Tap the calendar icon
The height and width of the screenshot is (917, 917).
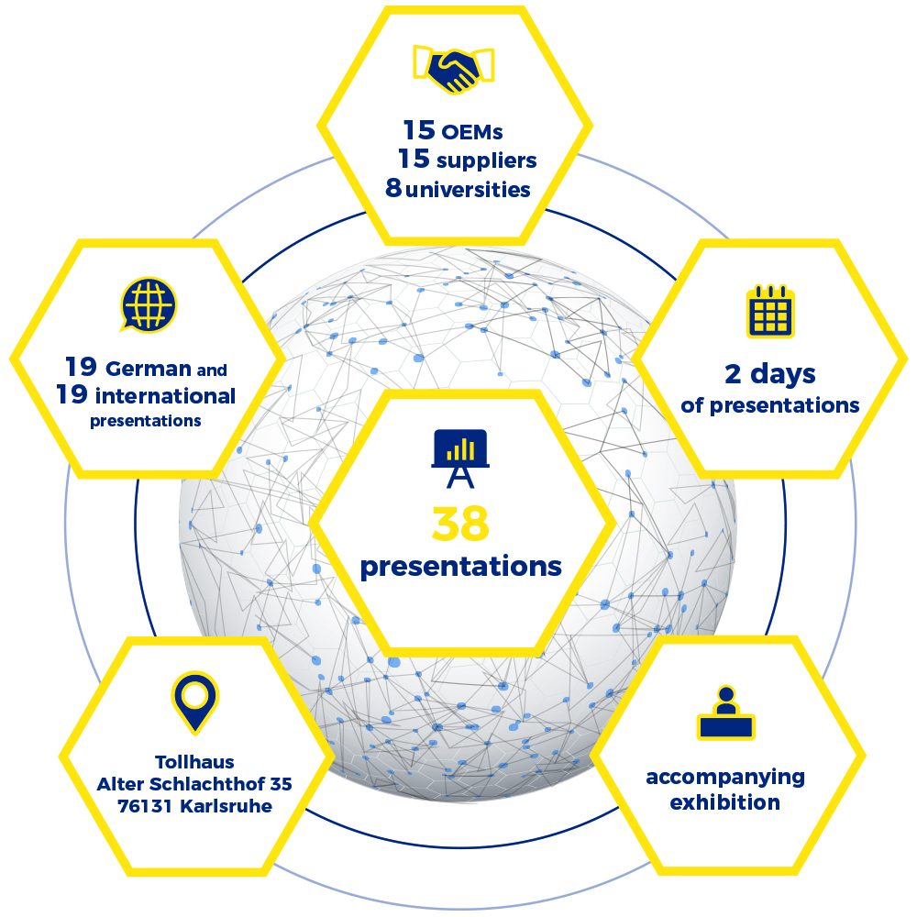pyautogui.click(x=769, y=310)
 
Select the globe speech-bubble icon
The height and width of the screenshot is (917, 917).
pyautogui.click(x=148, y=304)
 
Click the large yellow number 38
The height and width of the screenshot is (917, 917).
pyautogui.click(x=460, y=524)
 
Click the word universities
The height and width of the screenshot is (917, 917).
pyautogui.click(x=469, y=190)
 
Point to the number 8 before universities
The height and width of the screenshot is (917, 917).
pyautogui.click(x=394, y=190)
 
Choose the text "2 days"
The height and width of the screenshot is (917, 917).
pyautogui.click(x=769, y=373)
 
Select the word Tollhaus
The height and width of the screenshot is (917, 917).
pyautogui.click(x=194, y=761)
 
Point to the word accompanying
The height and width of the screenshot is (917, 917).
pyautogui.click(x=725, y=778)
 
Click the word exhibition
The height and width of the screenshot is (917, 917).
pyautogui.click(x=725, y=803)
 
